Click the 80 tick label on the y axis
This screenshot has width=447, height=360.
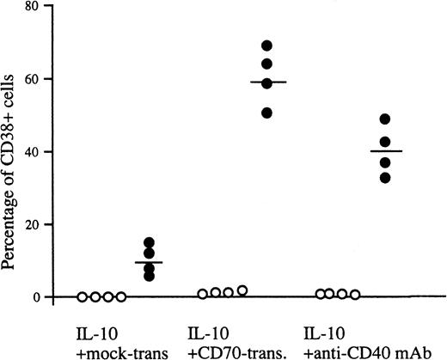pos(33,7)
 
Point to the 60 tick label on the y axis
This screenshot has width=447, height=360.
pos(33,79)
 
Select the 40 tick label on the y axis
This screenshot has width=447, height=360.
pos(33,152)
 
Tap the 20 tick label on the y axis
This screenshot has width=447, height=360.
pos(33,224)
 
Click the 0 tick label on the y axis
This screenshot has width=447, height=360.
pos(37,297)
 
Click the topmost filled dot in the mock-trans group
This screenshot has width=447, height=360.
pos(149,242)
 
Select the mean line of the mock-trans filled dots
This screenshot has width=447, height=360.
pos(149,262)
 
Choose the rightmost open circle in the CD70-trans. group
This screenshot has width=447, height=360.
pos(242,290)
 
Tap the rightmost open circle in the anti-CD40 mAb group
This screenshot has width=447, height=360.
pos(355,294)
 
